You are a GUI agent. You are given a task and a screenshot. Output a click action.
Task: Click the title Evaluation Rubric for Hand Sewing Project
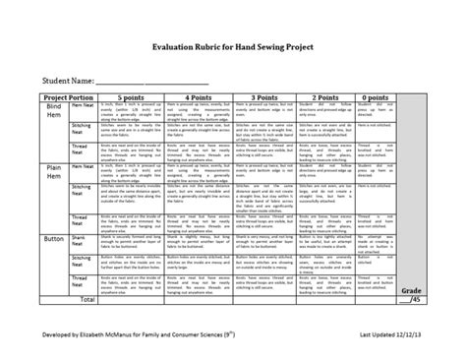click(233, 58)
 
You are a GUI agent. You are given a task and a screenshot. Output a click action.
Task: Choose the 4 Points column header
click(201, 97)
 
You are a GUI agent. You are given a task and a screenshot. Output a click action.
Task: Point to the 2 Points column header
click(329, 97)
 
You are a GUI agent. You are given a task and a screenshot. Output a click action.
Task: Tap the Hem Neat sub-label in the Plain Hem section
click(81, 170)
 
